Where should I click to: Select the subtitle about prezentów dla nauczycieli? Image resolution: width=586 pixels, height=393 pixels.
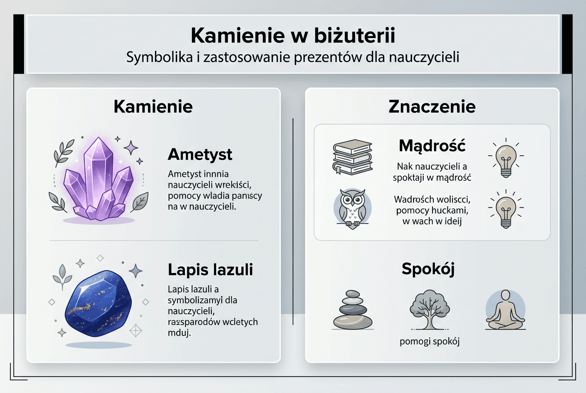[293, 58]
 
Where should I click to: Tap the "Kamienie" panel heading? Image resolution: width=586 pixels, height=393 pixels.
[153, 107]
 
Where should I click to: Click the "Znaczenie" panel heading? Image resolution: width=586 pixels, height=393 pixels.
[432, 107]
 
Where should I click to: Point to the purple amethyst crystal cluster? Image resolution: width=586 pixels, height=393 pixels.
[98, 181]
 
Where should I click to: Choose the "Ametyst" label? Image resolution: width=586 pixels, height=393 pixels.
[200, 154]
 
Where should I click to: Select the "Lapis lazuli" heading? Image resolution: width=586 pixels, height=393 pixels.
[210, 270]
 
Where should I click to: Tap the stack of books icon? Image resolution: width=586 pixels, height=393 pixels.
[352, 157]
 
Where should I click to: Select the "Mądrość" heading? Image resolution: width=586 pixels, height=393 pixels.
[432, 146]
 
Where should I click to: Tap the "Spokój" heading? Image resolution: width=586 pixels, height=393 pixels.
[428, 269]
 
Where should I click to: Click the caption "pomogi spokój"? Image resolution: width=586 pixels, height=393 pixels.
[429, 342]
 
